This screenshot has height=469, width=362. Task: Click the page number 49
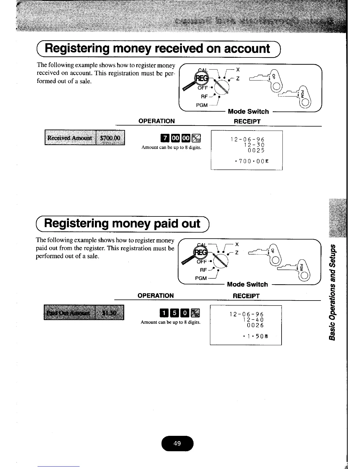click(177, 443)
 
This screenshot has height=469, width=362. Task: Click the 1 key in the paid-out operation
click(164, 313)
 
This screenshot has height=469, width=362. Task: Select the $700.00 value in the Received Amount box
click(110, 138)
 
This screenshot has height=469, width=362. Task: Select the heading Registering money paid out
click(122, 224)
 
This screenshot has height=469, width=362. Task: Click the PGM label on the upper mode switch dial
click(202, 105)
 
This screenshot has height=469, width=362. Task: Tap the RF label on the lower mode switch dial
click(203, 270)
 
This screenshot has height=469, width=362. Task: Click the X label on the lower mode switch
click(237, 244)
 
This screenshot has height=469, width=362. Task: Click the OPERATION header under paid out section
click(156, 295)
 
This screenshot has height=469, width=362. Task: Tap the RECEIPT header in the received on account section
click(247, 121)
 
